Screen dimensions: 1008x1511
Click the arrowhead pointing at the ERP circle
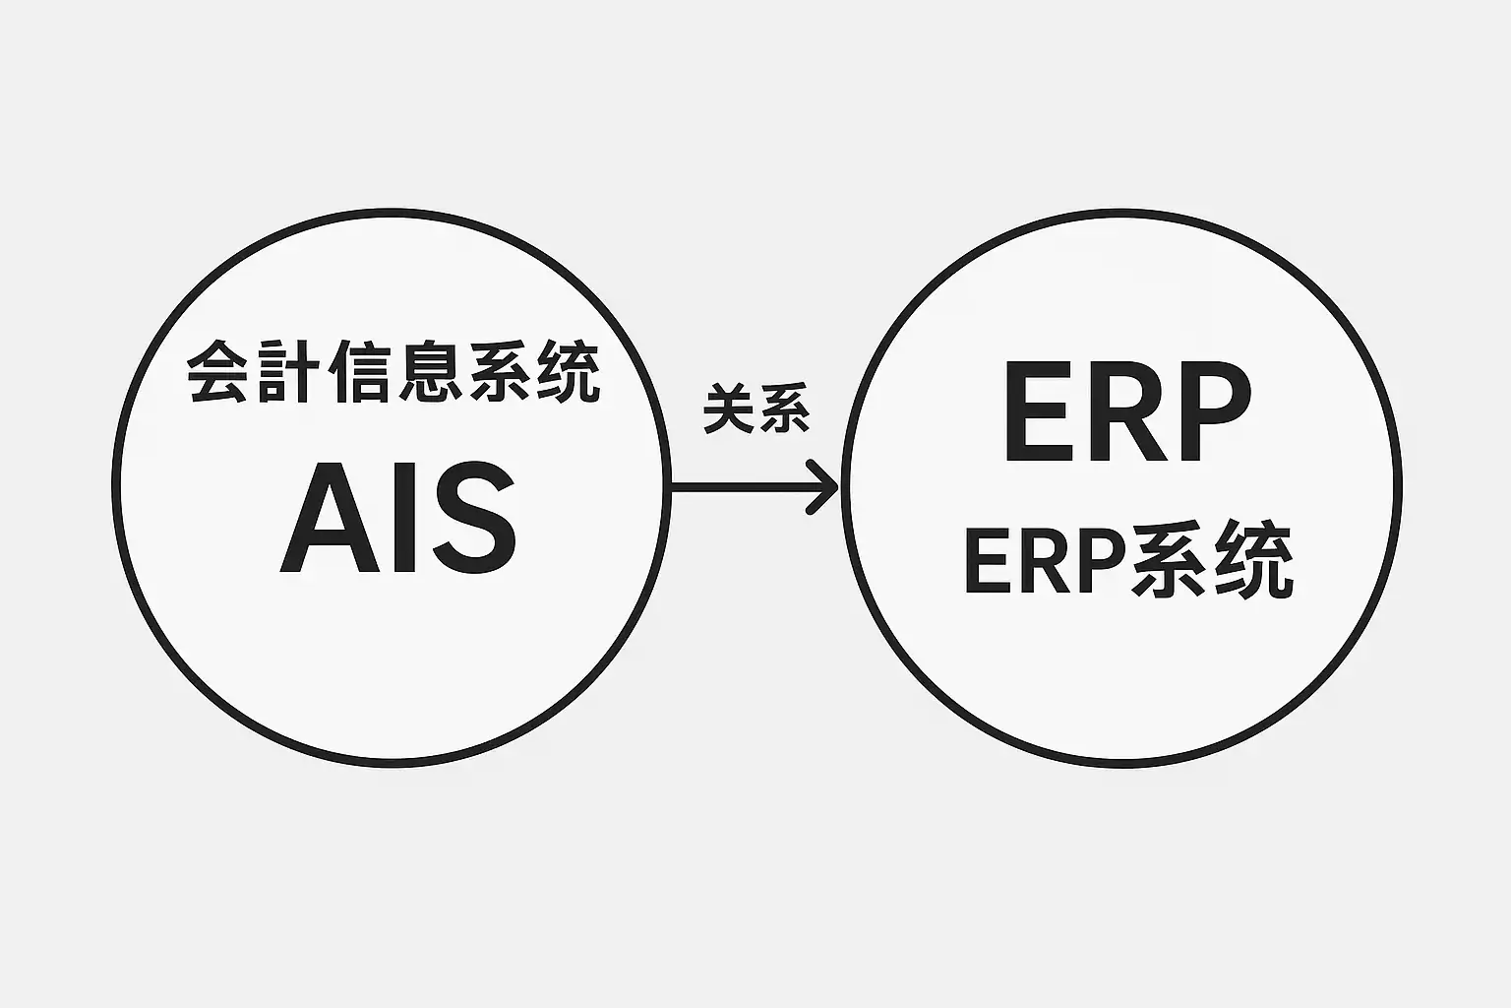(x=824, y=486)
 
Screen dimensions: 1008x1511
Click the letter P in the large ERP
(x=1208, y=412)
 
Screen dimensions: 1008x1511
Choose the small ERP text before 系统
(x=1044, y=564)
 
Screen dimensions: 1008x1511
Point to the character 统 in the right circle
(x=1253, y=564)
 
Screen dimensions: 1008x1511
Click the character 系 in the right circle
(x=1171, y=564)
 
